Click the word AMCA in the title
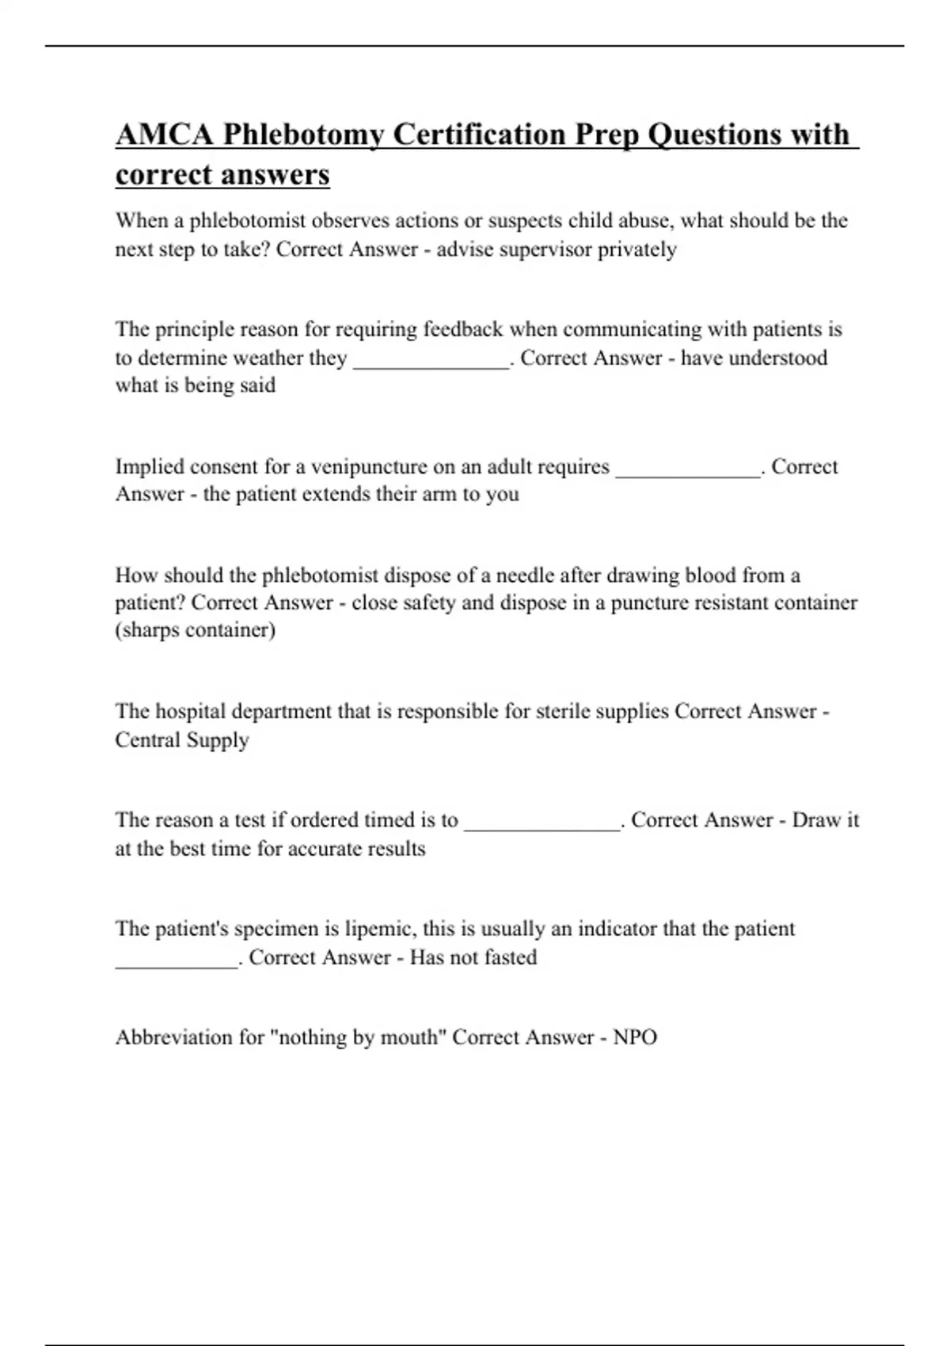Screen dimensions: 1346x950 pos(164,135)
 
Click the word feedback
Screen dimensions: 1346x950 pos(463,329)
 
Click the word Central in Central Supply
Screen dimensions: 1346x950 pos(147,740)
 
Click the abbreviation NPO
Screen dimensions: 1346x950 pos(635,1037)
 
